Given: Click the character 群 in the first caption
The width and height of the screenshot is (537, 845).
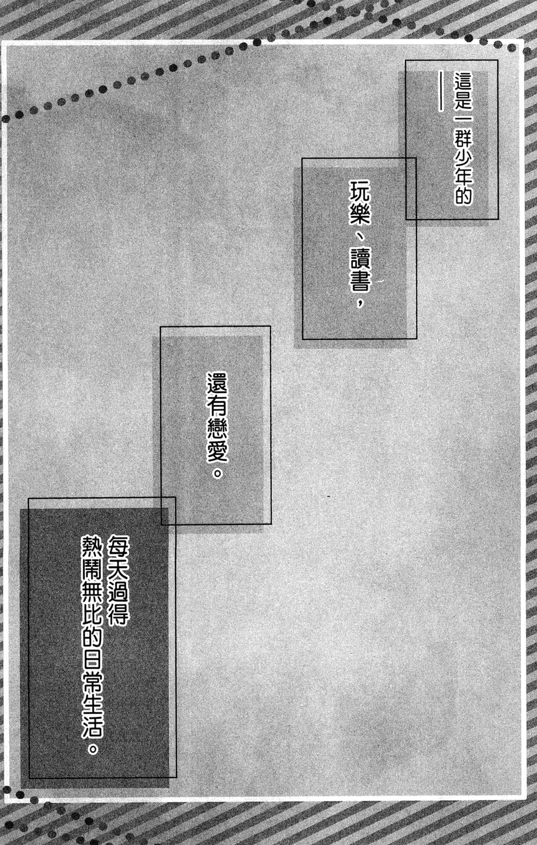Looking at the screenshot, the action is pyautogui.click(x=463, y=137).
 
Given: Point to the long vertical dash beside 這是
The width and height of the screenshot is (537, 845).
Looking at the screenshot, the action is pyautogui.click(x=441, y=91).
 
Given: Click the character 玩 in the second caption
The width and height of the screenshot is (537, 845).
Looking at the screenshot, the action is pyautogui.click(x=360, y=191).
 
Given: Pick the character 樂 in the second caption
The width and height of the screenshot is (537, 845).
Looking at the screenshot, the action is pyautogui.click(x=360, y=213).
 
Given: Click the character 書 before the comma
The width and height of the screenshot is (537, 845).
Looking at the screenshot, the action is pyautogui.click(x=360, y=281).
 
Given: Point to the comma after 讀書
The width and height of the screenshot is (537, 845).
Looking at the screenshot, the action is pyautogui.click(x=360, y=302).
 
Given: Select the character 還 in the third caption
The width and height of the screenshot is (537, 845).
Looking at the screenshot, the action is pyautogui.click(x=217, y=384).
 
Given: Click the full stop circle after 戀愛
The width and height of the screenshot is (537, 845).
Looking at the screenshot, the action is pyautogui.click(x=217, y=472).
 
